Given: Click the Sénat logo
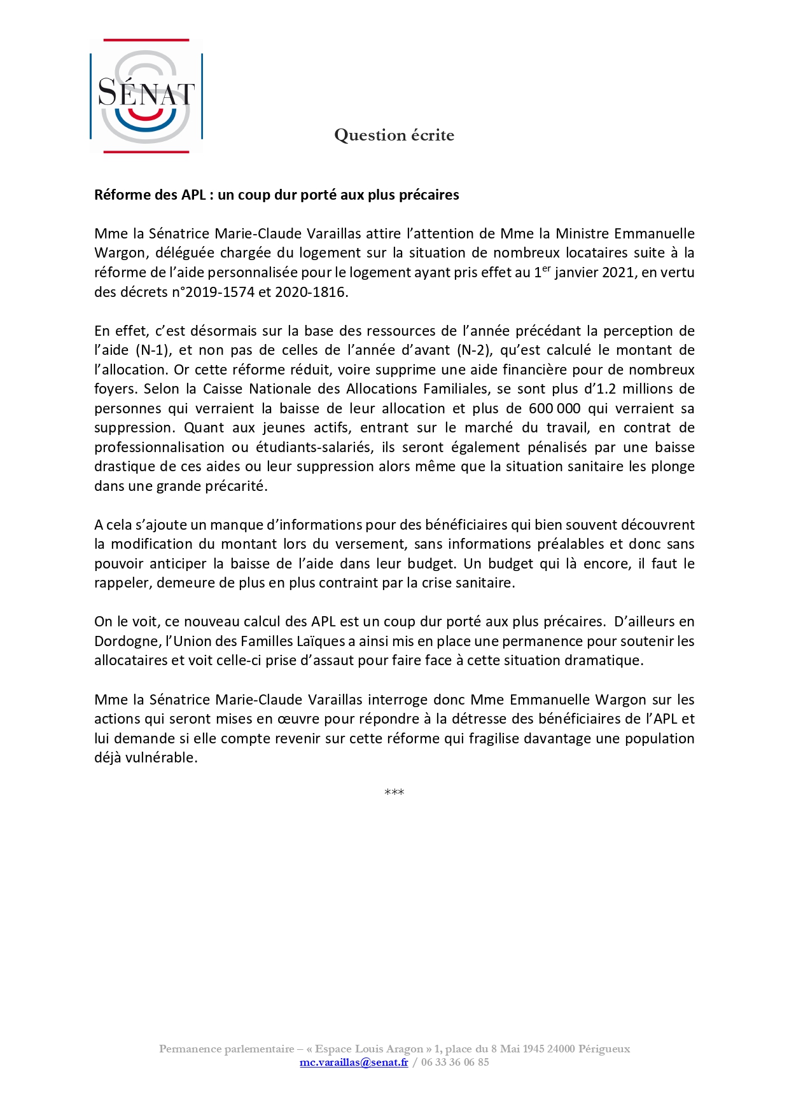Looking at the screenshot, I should (x=146, y=96).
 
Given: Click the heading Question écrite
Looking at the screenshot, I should (x=394, y=135).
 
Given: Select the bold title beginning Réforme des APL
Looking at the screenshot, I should (x=276, y=195).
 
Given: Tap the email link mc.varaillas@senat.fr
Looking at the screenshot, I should (x=354, y=1062).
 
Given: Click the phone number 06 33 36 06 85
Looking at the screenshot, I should (x=455, y=1062).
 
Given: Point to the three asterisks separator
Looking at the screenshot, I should (x=394, y=792).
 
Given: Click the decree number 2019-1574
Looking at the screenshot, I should (x=220, y=293).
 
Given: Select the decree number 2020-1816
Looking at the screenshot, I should (x=310, y=293).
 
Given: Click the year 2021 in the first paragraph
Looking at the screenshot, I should (x=615, y=273).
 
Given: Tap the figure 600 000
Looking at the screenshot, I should (x=554, y=408).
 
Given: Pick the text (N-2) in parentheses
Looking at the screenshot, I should (x=474, y=350).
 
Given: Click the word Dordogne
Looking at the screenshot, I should (x=126, y=641).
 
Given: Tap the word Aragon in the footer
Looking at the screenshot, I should (x=404, y=1049).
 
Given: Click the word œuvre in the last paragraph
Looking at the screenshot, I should (x=298, y=719).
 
